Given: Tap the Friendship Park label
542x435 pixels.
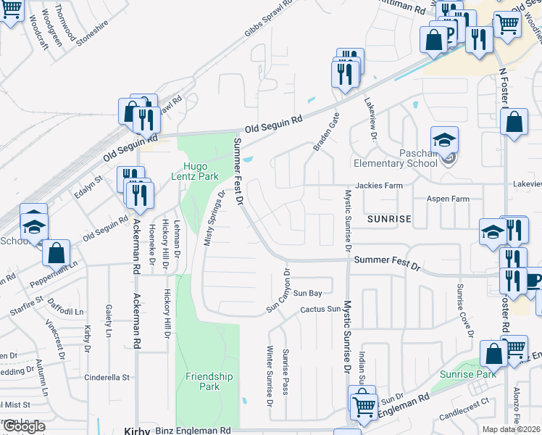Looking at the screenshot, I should pyautogui.click(x=209, y=381).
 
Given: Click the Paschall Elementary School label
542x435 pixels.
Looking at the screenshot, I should pyautogui.click(x=395, y=157).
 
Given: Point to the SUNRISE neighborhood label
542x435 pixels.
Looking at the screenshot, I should pyautogui.click(x=388, y=218).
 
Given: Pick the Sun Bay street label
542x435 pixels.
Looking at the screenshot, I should pyautogui.click(x=307, y=293).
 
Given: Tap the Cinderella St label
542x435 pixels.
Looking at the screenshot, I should pyautogui.click(x=107, y=377).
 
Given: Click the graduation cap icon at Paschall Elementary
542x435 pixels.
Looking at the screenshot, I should pyautogui.click(x=444, y=138).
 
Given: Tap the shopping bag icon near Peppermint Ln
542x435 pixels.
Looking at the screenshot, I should pyautogui.click(x=56, y=253).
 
